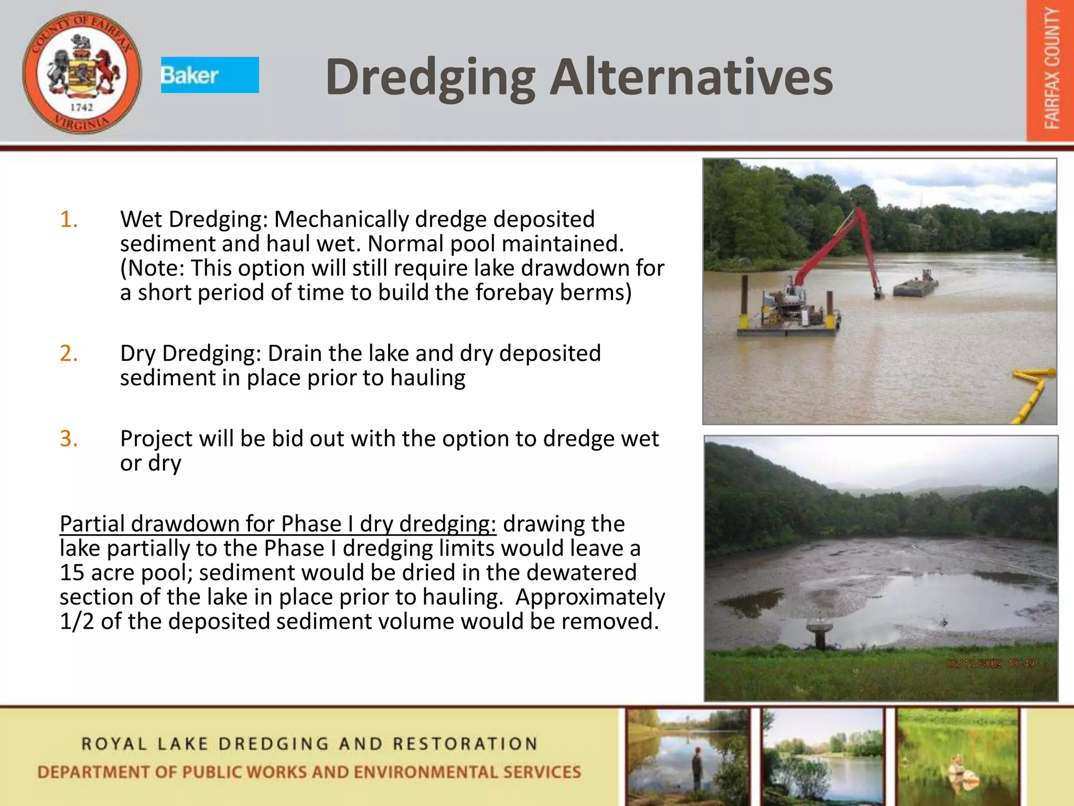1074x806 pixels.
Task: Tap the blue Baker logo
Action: pyautogui.click(x=210, y=75)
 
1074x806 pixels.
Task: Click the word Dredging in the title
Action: pyautogui.click(x=430, y=78)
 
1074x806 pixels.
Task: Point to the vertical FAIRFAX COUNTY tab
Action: pyautogui.click(x=1051, y=71)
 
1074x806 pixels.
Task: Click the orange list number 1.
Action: pyautogui.click(x=69, y=219)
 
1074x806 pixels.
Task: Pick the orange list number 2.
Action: pyautogui.click(x=69, y=353)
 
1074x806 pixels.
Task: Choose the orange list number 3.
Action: pyautogui.click(x=69, y=439)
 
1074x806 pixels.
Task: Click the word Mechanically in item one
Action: pyautogui.click(x=341, y=219)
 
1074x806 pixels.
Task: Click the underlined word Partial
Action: pyautogui.click(x=92, y=524)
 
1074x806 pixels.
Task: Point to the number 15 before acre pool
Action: pyautogui.click(x=72, y=572)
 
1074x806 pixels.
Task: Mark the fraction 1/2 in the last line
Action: pyautogui.click(x=77, y=621)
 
